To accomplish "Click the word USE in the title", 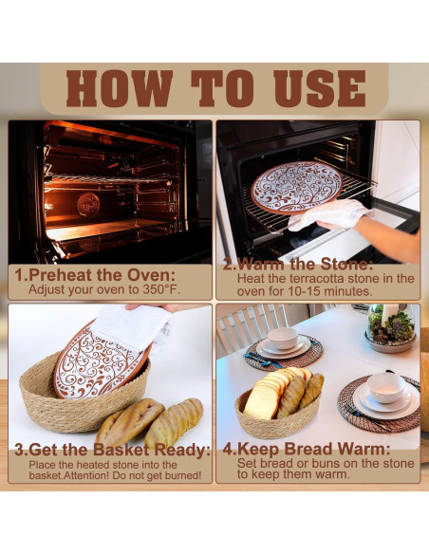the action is pyautogui.click(x=320, y=88).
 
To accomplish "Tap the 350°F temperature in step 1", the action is pyautogui.click(x=161, y=289).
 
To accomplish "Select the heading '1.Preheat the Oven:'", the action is pyautogui.click(x=95, y=275).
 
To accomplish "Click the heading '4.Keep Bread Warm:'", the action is pyautogui.click(x=307, y=449).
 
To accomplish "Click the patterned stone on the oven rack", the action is pyautogui.click(x=296, y=188).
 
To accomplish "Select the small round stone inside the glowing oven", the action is pyautogui.click(x=88, y=204).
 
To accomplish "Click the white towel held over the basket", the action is pyautogui.click(x=133, y=327).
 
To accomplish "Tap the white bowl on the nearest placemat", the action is pyautogui.click(x=386, y=388).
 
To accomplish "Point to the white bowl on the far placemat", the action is pyautogui.click(x=282, y=338).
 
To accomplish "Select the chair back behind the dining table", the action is pyautogui.click(x=252, y=327).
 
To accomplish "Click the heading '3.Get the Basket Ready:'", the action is pyautogui.click(x=112, y=450).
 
